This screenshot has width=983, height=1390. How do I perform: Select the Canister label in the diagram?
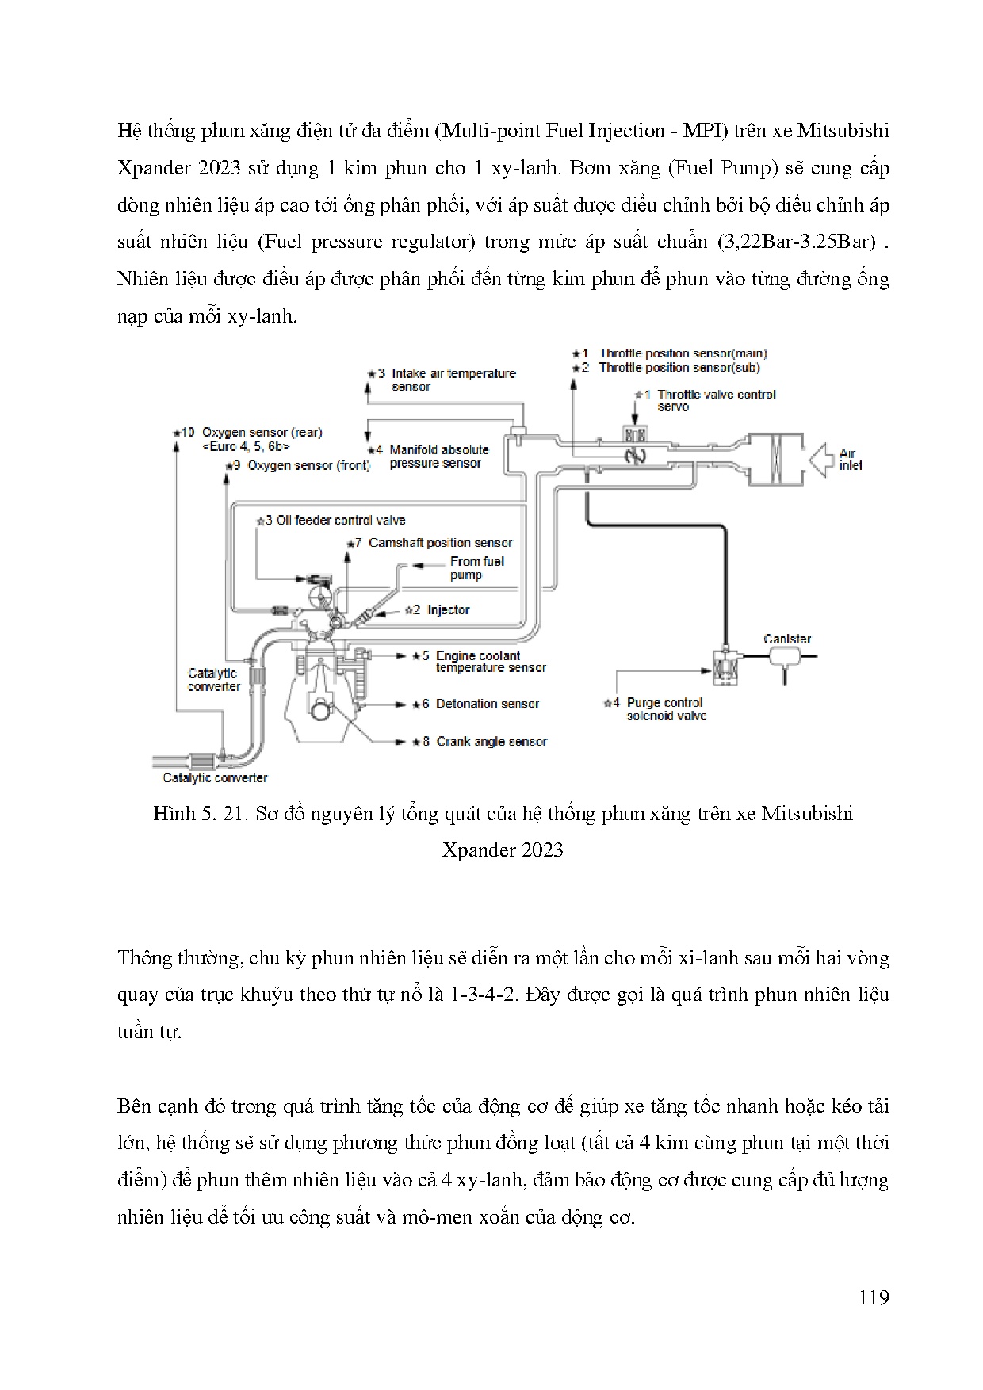click(786, 639)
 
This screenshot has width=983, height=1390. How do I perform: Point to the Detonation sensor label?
click(487, 704)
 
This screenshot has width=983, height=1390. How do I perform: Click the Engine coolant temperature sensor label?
click(490, 662)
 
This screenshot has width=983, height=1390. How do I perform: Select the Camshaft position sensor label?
click(440, 543)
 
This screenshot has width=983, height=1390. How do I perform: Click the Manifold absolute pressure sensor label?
click(438, 456)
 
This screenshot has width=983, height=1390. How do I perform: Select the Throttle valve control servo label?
click(716, 400)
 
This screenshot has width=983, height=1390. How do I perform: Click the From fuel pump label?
click(476, 568)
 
